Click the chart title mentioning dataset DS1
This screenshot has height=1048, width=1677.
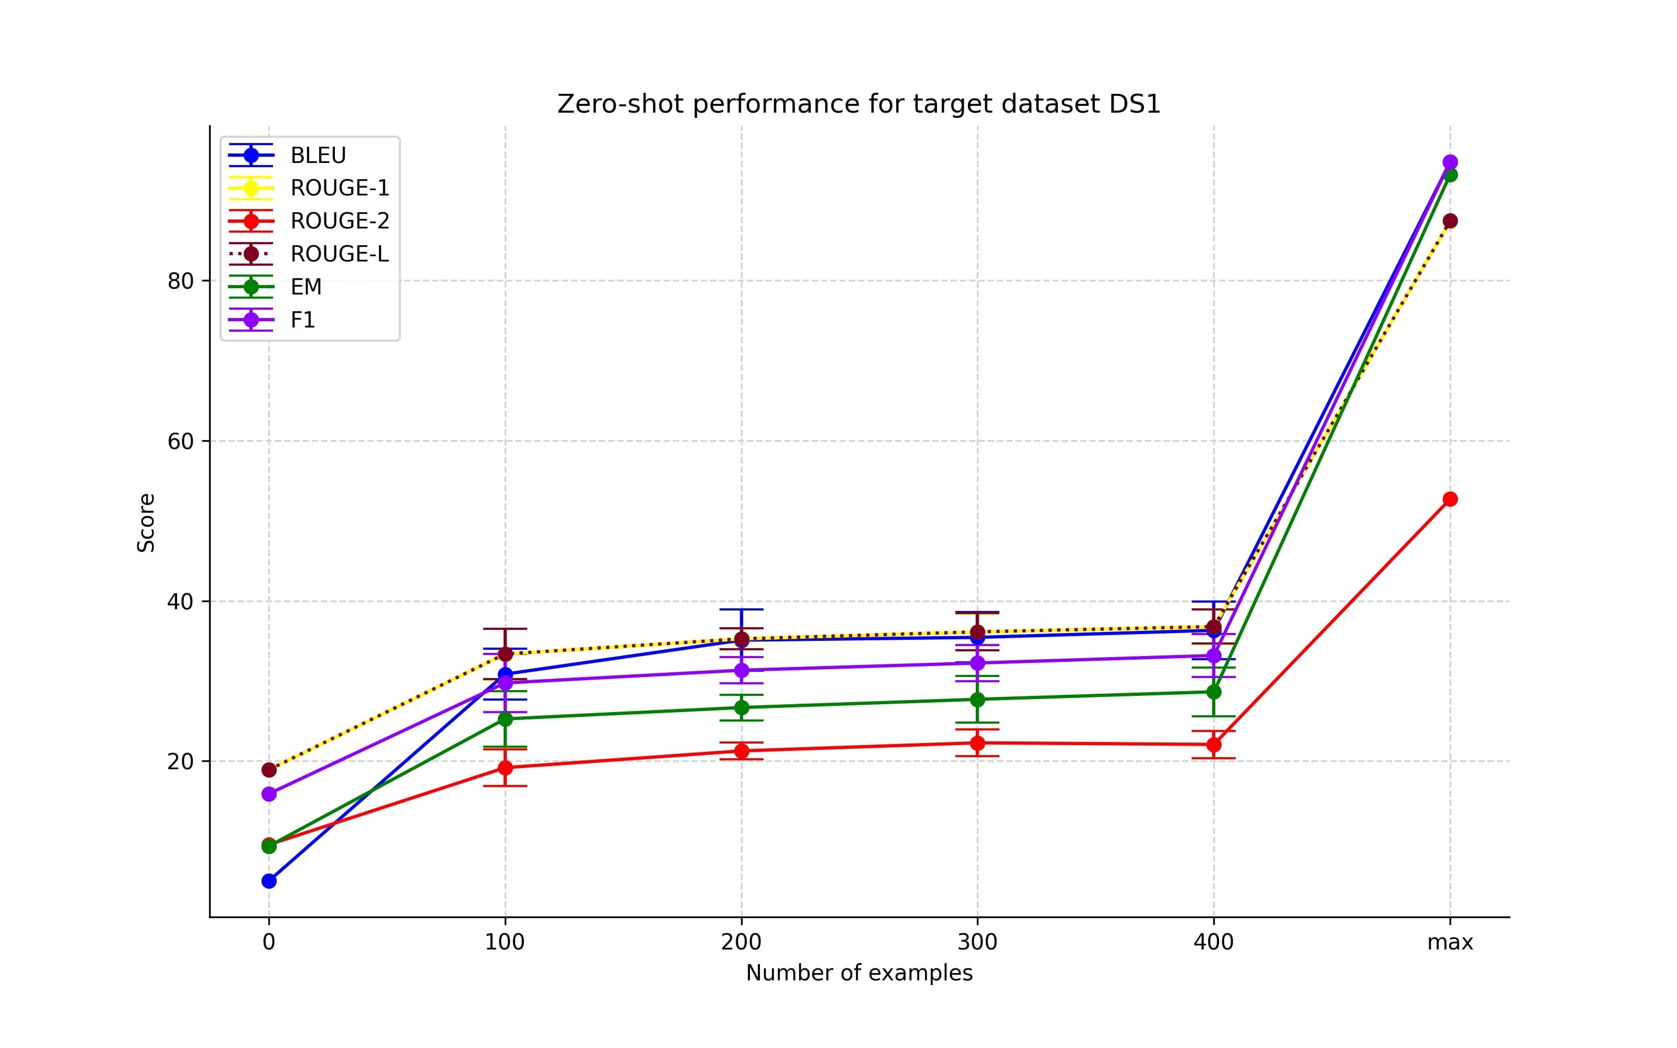pos(858,104)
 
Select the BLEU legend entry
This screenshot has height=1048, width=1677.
pos(318,155)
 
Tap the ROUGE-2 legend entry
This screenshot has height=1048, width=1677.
pos(339,221)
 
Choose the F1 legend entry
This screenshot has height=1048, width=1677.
pos(302,320)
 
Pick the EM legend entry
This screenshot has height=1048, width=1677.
pos(306,287)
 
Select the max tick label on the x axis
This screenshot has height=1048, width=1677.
pos(1450,943)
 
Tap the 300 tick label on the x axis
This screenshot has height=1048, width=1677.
pos(977,943)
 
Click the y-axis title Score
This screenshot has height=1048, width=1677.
pos(146,522)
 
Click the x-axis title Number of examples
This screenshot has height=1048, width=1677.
pos(858,973)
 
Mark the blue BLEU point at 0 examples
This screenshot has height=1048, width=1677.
pos(269,881)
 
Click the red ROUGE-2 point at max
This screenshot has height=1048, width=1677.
pos(1450,499)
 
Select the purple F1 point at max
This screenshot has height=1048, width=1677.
pos(1450,162)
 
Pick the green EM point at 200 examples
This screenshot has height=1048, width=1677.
pos(742,708)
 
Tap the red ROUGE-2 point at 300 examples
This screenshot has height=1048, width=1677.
pos(977,743)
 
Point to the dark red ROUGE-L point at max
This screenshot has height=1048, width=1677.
pos(1450,221)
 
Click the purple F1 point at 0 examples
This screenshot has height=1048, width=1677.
pos(269,794)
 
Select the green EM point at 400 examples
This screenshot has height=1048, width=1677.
pos(1213,692)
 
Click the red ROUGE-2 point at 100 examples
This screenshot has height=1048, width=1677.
pos(505,768)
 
